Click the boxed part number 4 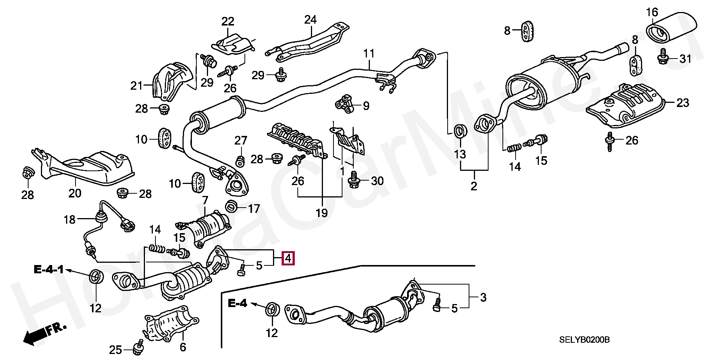coord(288,258)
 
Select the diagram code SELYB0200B coord(584,340)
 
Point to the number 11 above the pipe coord(369,54)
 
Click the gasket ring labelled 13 coord(460,131)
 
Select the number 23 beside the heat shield coord(682,102)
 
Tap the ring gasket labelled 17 coord(231,206)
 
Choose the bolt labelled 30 coord(354,180)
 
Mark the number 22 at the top coord(228,21)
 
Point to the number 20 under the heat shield coord(75,193)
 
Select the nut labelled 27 coord(240,161)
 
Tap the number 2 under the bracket coord(474,186)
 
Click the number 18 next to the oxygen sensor coord(69,220)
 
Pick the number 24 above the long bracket coord(310,20)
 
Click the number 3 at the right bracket coord(483,298)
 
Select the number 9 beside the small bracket coord(366,106)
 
